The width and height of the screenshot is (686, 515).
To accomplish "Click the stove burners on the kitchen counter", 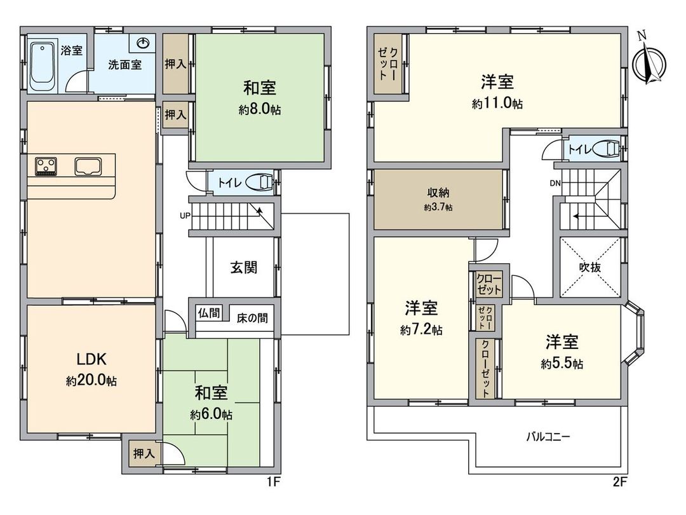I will pyautogui.click(x=45, y=167).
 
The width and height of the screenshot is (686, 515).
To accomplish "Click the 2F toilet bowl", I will pyautogui.click(x=608, y=149).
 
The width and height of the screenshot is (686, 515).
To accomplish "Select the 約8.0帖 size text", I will pyautogui.click(x=260, y=110).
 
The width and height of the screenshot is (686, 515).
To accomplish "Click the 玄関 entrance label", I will pyautogui.click(x=243, y=268).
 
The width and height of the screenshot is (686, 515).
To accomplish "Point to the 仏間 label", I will pyautogui.click(x=209, y=313).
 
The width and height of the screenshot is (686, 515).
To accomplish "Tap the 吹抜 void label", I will pyautogui.click(x=590, y=268).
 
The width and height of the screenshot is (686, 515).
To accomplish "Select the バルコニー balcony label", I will pyautogui.click(x=548, y=437).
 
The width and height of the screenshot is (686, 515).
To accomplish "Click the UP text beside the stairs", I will pyautogui.click(x=185, y=216).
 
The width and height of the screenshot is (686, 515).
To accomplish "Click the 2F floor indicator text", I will pyautogui.click(x=620, y=481).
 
